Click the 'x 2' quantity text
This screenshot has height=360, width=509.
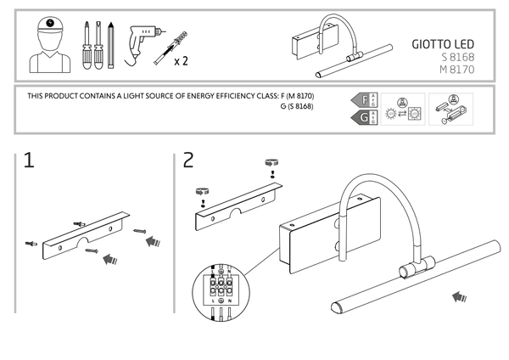[x=180, y=61]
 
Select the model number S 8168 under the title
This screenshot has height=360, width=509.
[x=456, y=58]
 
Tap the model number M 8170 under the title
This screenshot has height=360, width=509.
[x=456, y=70]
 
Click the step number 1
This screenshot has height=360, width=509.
[x=29, y=160]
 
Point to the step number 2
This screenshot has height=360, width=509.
[x=188, y=160]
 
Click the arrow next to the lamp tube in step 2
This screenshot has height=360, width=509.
[x=461, y=296]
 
